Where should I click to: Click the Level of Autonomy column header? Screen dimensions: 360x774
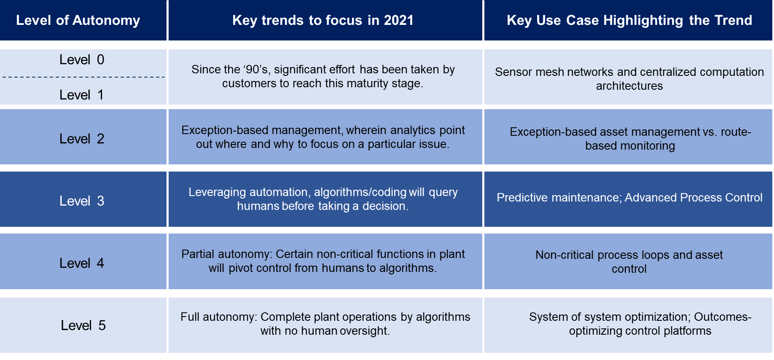[x=78, y=20]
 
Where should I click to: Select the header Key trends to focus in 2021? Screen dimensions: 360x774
[x=323, y=20]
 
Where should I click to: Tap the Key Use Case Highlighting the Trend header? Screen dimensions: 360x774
[x=629, y=20]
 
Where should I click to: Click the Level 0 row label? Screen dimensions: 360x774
[x=82, y=60]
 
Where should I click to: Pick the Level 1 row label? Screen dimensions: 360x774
[x=82, y=95]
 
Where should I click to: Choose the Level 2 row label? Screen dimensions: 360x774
[x=82, y=139]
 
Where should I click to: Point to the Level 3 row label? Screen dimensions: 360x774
[x=82, y=201]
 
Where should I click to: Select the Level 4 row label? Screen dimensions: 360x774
[x=82, y=263]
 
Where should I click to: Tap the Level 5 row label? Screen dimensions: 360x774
[x=83, y=325]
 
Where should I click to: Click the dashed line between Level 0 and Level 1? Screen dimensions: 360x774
[x=83, y=77]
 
